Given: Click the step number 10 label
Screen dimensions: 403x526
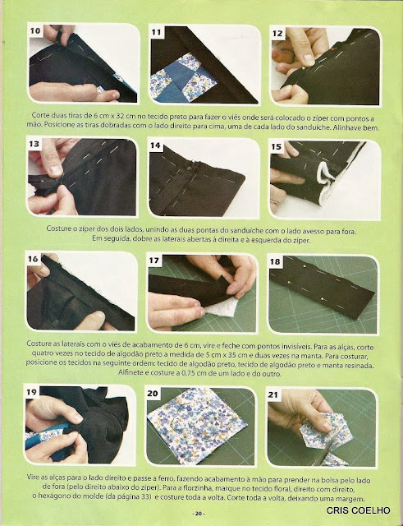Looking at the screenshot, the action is (35, 31).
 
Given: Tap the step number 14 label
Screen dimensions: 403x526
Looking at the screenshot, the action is (155, 145).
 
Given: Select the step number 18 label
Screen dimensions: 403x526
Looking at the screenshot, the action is (275, 261).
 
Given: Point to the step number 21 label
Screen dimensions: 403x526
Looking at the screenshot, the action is (273, 394).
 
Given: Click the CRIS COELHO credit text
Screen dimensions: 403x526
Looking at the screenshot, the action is (358, 510).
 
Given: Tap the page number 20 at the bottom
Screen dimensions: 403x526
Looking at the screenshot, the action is (199, 514).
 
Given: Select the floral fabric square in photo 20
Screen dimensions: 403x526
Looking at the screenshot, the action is (197, 426).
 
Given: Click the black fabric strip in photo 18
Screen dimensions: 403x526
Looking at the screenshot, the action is (322, 288).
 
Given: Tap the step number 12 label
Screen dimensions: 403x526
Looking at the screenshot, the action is (277, 33).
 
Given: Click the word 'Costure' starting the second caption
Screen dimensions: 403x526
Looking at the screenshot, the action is (58, 229).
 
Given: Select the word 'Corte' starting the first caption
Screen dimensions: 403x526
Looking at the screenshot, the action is (40, 115).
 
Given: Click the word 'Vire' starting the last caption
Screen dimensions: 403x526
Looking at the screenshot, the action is (33, 477).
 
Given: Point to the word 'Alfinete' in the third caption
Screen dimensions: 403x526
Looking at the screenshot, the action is (131, 372).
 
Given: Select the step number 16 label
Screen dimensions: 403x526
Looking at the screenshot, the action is (33, 259).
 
